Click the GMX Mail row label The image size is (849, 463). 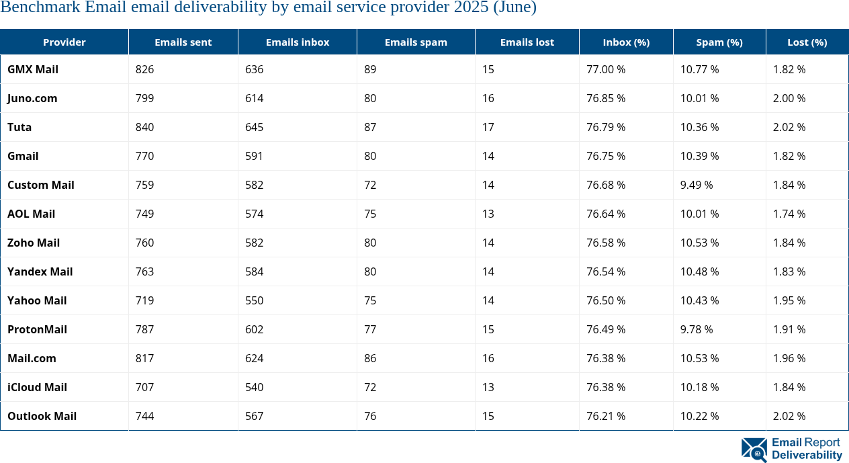[x=33, y=69]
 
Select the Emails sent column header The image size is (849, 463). [x=183, y=42]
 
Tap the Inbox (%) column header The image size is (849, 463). [x=626, y=42]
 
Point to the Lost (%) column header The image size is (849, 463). [x=807, y=42]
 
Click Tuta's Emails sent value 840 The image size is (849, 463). [x=145, y=127]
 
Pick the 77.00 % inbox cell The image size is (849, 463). [x=606, y=69]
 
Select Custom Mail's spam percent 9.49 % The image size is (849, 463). [x=697, y=185]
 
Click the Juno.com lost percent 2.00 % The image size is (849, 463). [x=789, y=98]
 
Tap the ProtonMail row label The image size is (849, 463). [x=37, y=329]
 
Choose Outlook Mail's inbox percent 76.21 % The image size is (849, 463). [x=606, y=416]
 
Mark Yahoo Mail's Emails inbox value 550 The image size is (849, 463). [x=254, y=300]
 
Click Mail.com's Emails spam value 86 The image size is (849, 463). [x=370, y=358]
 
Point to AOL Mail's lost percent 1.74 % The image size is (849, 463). [x=789, y=214]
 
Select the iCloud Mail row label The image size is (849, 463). [x=37, y=387]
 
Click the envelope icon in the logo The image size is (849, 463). [x=754, y=450]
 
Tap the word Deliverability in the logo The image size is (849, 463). [x=807, y=455]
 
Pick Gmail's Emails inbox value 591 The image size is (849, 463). [x=254, y=156]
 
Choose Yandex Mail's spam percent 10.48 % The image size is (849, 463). [x=699, y=271]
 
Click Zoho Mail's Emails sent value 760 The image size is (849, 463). [x=145, y=243]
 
